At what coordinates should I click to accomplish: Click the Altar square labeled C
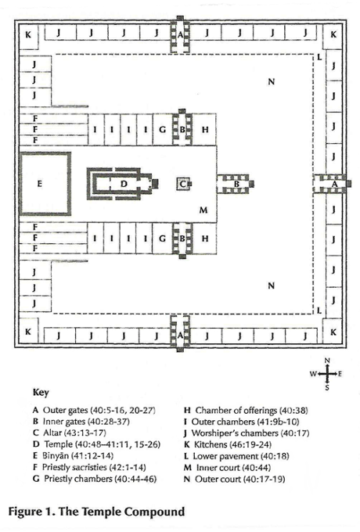point(183,184)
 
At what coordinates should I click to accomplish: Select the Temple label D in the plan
point(124,184)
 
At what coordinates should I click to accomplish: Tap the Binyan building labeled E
point(45,184)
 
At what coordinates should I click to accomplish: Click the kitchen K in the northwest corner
point(28,34)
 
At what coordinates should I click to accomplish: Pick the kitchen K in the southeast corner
point(333,332)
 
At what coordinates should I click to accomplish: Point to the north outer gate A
point(180,34)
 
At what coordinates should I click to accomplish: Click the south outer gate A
point(180,333)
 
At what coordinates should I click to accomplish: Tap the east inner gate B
point(236,184)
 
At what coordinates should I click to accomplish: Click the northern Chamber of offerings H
point(204,130)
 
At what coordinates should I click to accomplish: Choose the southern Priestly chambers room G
point(163,239)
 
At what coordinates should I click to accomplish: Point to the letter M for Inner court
point(203,210)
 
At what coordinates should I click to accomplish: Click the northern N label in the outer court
point(271,81)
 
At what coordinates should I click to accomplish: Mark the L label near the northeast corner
point(319,57)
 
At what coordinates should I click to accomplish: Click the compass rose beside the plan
point(326,374)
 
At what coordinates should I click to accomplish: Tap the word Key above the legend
point(41,392)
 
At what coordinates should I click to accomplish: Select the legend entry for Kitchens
point(228,444)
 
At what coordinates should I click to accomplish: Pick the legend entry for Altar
point(70,433)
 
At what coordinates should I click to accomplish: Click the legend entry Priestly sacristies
point(89,468)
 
